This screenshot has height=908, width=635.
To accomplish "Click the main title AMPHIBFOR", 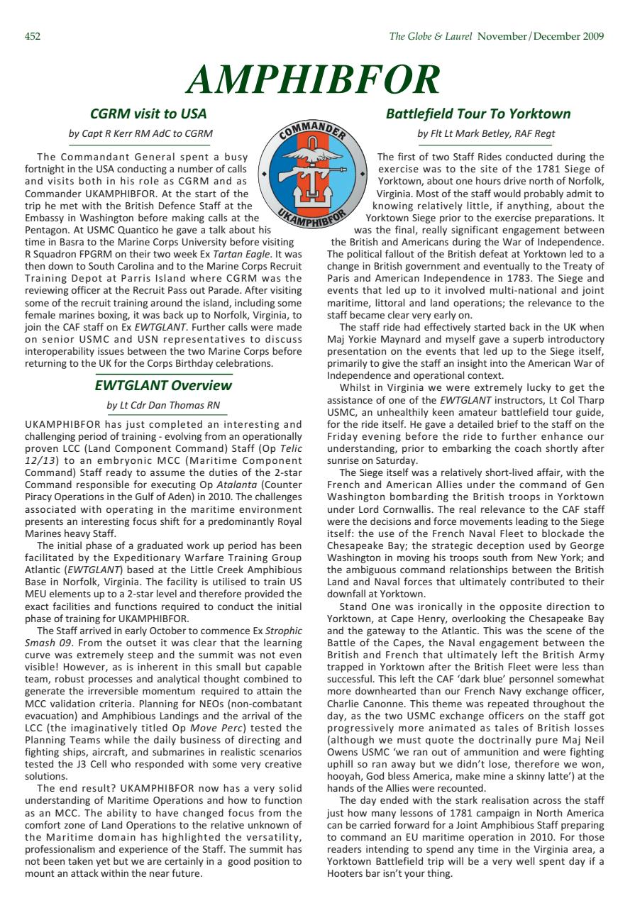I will click(x=318, y=80).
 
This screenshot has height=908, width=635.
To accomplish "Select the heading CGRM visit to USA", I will click(x=148, y=113).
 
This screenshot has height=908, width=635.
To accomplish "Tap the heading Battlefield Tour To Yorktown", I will click(x=477, y=113).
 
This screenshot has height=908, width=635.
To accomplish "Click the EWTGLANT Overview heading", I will click(x=163, y=385).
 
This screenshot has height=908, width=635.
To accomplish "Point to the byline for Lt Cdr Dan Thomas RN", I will click(x=163, y=405).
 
